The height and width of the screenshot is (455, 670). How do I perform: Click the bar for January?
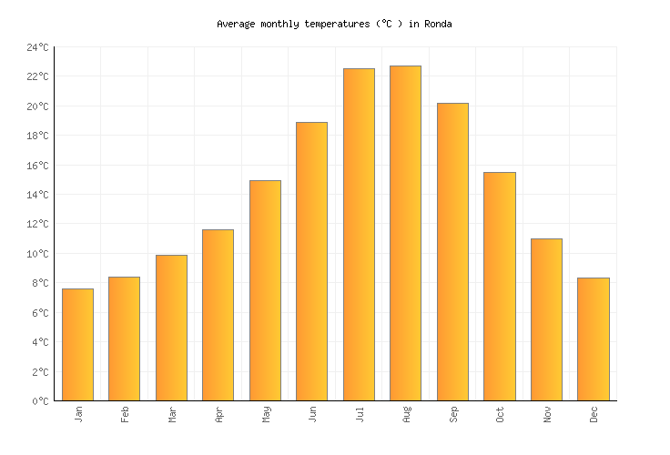77,344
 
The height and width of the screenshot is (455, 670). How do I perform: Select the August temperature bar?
405,233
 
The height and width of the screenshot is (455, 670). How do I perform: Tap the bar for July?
359,234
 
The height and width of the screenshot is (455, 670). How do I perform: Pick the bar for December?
593,339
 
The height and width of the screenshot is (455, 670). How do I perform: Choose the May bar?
265,290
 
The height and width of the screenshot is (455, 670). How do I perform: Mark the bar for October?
499,286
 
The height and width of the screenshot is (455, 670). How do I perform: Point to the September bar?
452,251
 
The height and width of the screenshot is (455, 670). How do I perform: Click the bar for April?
218,315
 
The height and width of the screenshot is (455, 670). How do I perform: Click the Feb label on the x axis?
126,414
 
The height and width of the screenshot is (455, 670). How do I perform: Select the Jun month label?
313,414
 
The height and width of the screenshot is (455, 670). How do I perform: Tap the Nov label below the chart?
547,414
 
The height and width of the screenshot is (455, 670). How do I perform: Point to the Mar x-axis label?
172,414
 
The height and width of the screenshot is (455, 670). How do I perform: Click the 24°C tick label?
37,47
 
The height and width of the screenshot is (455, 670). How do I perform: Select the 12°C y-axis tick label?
37,224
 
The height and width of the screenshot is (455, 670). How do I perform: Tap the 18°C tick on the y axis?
37,136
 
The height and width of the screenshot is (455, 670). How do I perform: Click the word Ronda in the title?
438,24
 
